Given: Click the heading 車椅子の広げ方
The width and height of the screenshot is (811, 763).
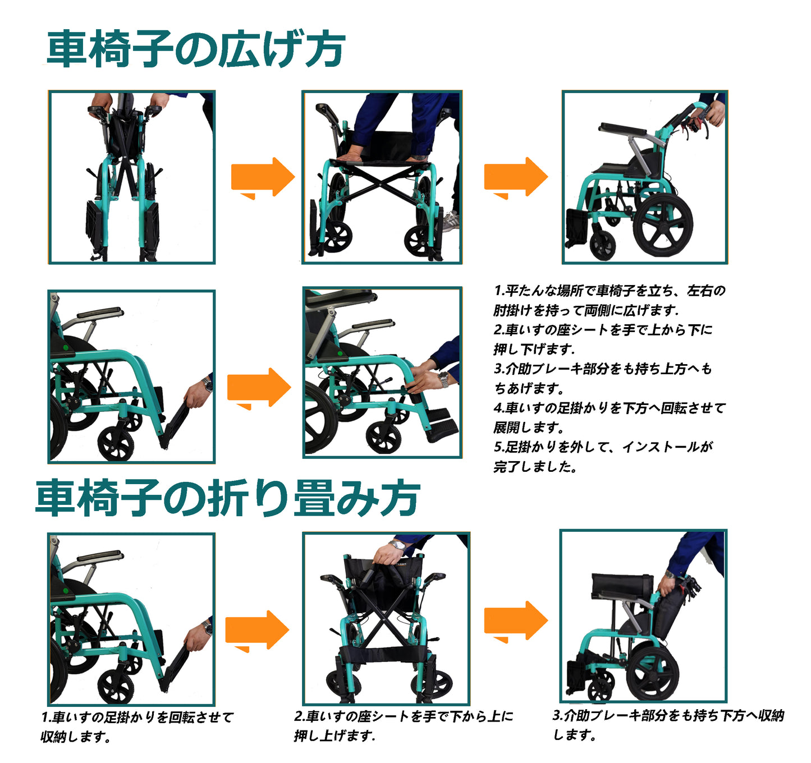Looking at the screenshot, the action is tap(196, 49).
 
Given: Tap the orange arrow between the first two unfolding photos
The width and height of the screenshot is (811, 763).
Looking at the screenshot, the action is tap(263, 178).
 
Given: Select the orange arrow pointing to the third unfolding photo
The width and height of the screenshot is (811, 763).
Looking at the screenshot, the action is tap(516, 178).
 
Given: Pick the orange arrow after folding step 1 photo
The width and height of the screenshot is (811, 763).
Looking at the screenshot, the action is tap(257, 631).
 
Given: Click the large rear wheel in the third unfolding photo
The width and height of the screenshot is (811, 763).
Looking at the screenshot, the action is tap(663, 224).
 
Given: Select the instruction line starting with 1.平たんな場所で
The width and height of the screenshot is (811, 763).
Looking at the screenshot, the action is tap(610, 291).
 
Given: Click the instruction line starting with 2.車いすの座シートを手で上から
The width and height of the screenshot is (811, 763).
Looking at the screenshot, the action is tap(602, 330).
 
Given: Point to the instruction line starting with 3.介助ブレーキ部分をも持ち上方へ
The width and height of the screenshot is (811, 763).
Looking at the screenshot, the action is tap(602, 369).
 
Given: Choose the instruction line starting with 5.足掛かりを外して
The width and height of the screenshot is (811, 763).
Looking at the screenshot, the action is tap(603, 447).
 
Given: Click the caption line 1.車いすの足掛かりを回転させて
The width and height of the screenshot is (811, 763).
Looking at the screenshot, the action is tap(137, 718).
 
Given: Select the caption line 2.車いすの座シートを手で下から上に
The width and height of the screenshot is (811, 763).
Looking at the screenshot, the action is tap(404, 716).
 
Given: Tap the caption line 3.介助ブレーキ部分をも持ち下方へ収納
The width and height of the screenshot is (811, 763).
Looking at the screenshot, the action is tap(668, 716).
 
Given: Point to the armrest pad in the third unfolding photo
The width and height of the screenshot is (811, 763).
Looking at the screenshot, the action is tap(623, 129).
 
